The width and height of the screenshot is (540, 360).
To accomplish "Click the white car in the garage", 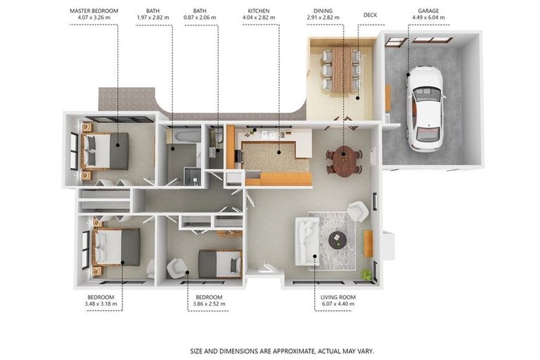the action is (426, 108).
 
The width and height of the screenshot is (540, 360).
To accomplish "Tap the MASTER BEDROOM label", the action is (94, 11).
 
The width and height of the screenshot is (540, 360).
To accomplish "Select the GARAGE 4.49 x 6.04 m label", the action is (428, 14).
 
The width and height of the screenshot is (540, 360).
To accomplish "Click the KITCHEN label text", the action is (259, 11).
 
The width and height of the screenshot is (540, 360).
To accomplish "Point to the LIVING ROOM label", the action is (337, 297).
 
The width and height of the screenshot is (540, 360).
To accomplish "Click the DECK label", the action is (371, 15).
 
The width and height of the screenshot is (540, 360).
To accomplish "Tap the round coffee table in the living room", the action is (337, 240).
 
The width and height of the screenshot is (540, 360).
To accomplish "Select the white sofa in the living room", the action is (307, 241).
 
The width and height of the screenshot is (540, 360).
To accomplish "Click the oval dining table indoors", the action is (343, 161).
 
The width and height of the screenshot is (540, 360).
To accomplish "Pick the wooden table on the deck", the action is (342, 70).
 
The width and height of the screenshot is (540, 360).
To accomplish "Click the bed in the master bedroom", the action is (105, 151).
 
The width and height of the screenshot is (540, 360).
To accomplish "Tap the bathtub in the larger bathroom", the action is (187, 136).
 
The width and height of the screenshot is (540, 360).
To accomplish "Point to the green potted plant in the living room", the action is (366, 274).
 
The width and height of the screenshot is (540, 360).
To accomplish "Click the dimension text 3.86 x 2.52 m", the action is (209, 304).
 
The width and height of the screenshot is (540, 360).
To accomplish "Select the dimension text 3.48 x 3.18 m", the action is (101, 304).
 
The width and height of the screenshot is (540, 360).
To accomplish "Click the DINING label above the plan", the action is (323, 11).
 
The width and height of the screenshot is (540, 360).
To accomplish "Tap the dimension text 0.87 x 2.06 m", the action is (200, 17).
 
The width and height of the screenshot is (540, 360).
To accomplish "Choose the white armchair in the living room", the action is (358, 211).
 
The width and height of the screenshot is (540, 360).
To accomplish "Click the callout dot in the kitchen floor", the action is (279, 152).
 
